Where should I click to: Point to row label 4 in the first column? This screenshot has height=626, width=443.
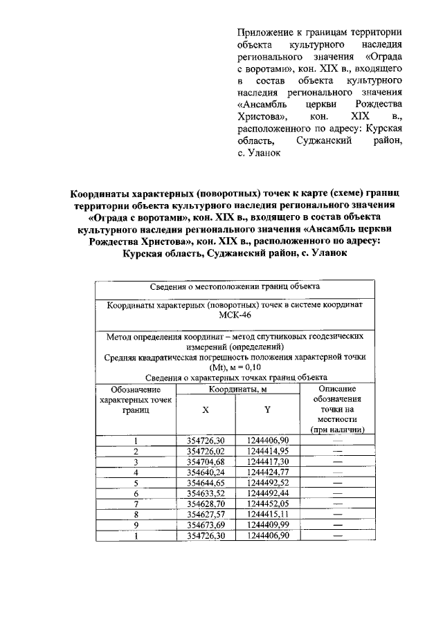136,472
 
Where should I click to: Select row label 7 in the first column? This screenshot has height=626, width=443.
136,504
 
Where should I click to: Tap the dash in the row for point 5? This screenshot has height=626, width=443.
338,483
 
